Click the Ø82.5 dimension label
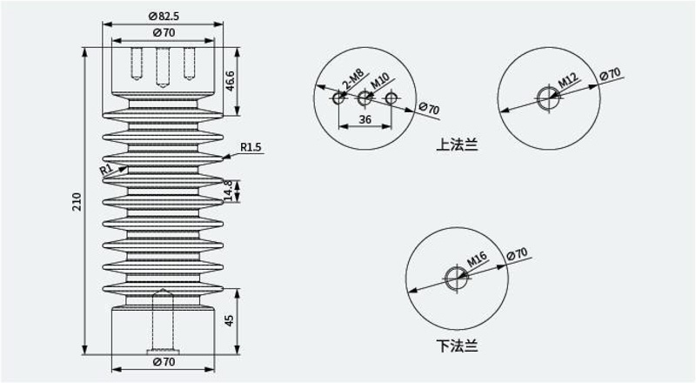[x=164, y=16]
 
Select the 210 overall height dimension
[x=77, y=202]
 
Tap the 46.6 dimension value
[x=230, y=81]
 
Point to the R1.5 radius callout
[x=251, y=147]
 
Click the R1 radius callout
[x=106, y=169]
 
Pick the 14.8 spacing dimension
[x=228, y=190]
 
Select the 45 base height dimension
[x=229, y=320]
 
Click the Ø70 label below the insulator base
[x=164, y=362]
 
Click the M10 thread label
[x=379, y=80]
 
